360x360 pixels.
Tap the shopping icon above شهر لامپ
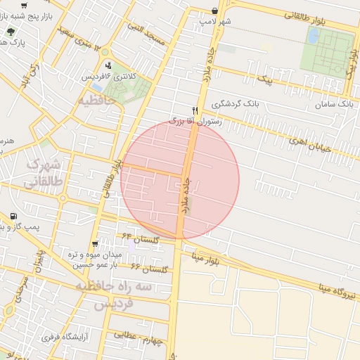pyautogui.click(x=214, y=11)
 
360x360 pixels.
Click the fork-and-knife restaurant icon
pyautogui.click(x=195, y=110)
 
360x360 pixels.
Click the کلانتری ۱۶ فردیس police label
pyautogui.click(x=105, y=75)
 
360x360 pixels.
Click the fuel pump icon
pyautogui.click(x=13, y=216)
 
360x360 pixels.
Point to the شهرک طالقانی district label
pyautogui.click(x=44, y=173)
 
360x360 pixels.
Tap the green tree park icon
pyautogui.click(x=11, y=32)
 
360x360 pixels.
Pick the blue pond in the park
pyautogui.click(x=312, y=36)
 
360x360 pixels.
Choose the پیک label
pyautogui.click(x=265, y=80)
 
